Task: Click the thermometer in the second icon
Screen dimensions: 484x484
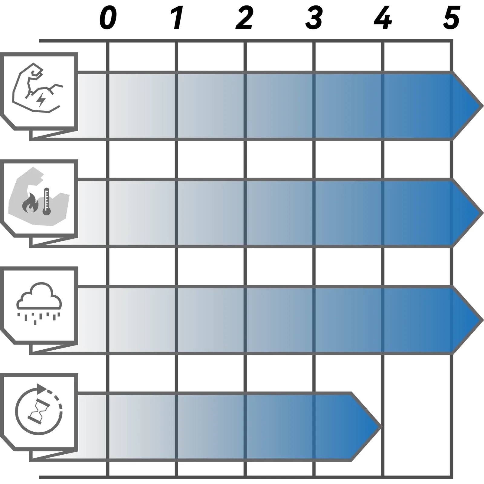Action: coord(46,201)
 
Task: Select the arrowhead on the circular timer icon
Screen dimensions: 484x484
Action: coord(42,388)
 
